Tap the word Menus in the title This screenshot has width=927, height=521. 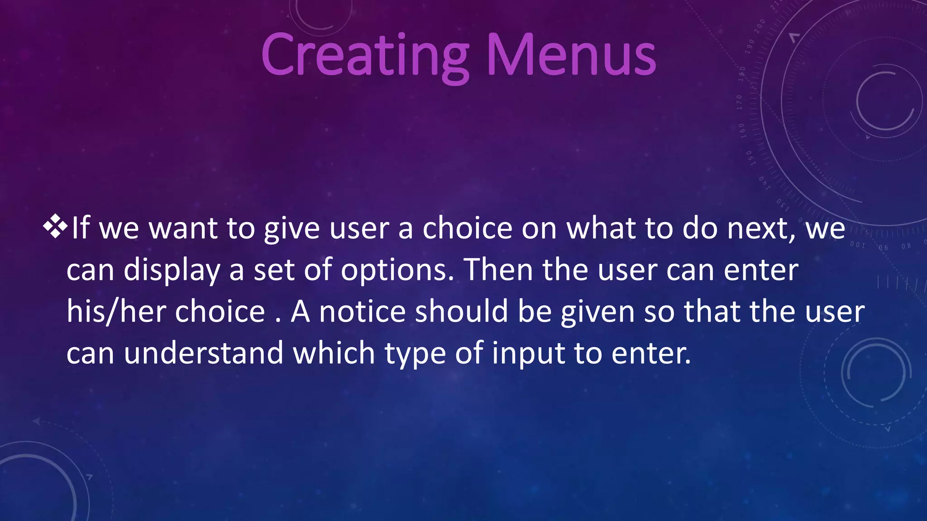click(x=571, y=56)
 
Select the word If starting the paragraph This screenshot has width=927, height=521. click(x=81, y=227)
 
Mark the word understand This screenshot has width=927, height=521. click(x=204, y=353)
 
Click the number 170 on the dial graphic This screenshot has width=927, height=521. click(x=739, y=103)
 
